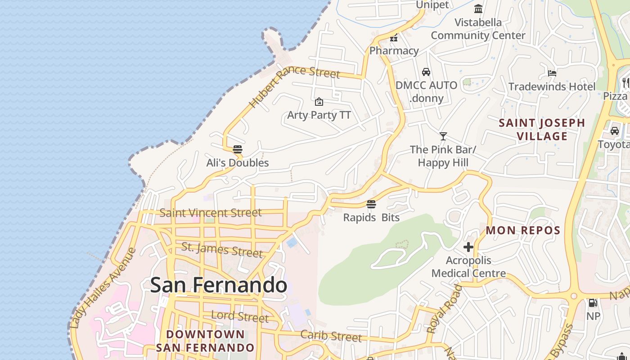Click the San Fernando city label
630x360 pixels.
219,285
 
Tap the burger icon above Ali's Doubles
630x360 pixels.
238,149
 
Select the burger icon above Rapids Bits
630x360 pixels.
371,204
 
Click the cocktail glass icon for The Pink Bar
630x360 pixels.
443,136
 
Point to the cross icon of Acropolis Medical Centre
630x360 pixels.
468,247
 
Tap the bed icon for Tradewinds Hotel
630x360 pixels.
552,73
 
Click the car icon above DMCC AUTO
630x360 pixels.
426,72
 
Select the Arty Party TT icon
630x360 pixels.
319,102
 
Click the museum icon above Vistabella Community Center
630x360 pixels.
478,9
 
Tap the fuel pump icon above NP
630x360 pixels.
593,303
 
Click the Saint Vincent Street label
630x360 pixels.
211,212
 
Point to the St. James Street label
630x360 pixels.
222,250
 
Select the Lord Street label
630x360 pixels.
240,316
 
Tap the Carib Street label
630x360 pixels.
331,335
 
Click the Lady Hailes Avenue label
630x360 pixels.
103,288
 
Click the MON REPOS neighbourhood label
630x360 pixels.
523,230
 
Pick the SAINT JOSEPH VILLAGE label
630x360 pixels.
542,129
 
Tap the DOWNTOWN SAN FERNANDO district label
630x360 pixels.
205,341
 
